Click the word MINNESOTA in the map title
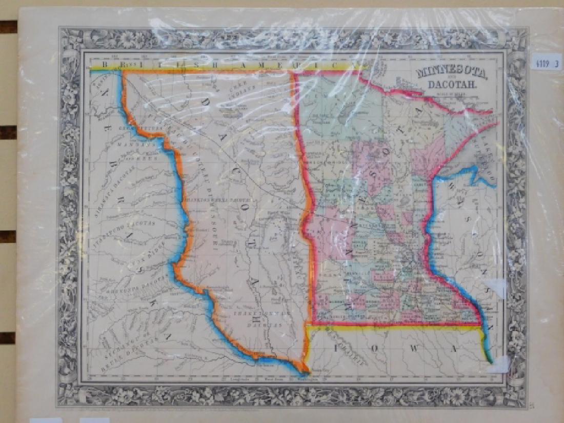tap(448, 72)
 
